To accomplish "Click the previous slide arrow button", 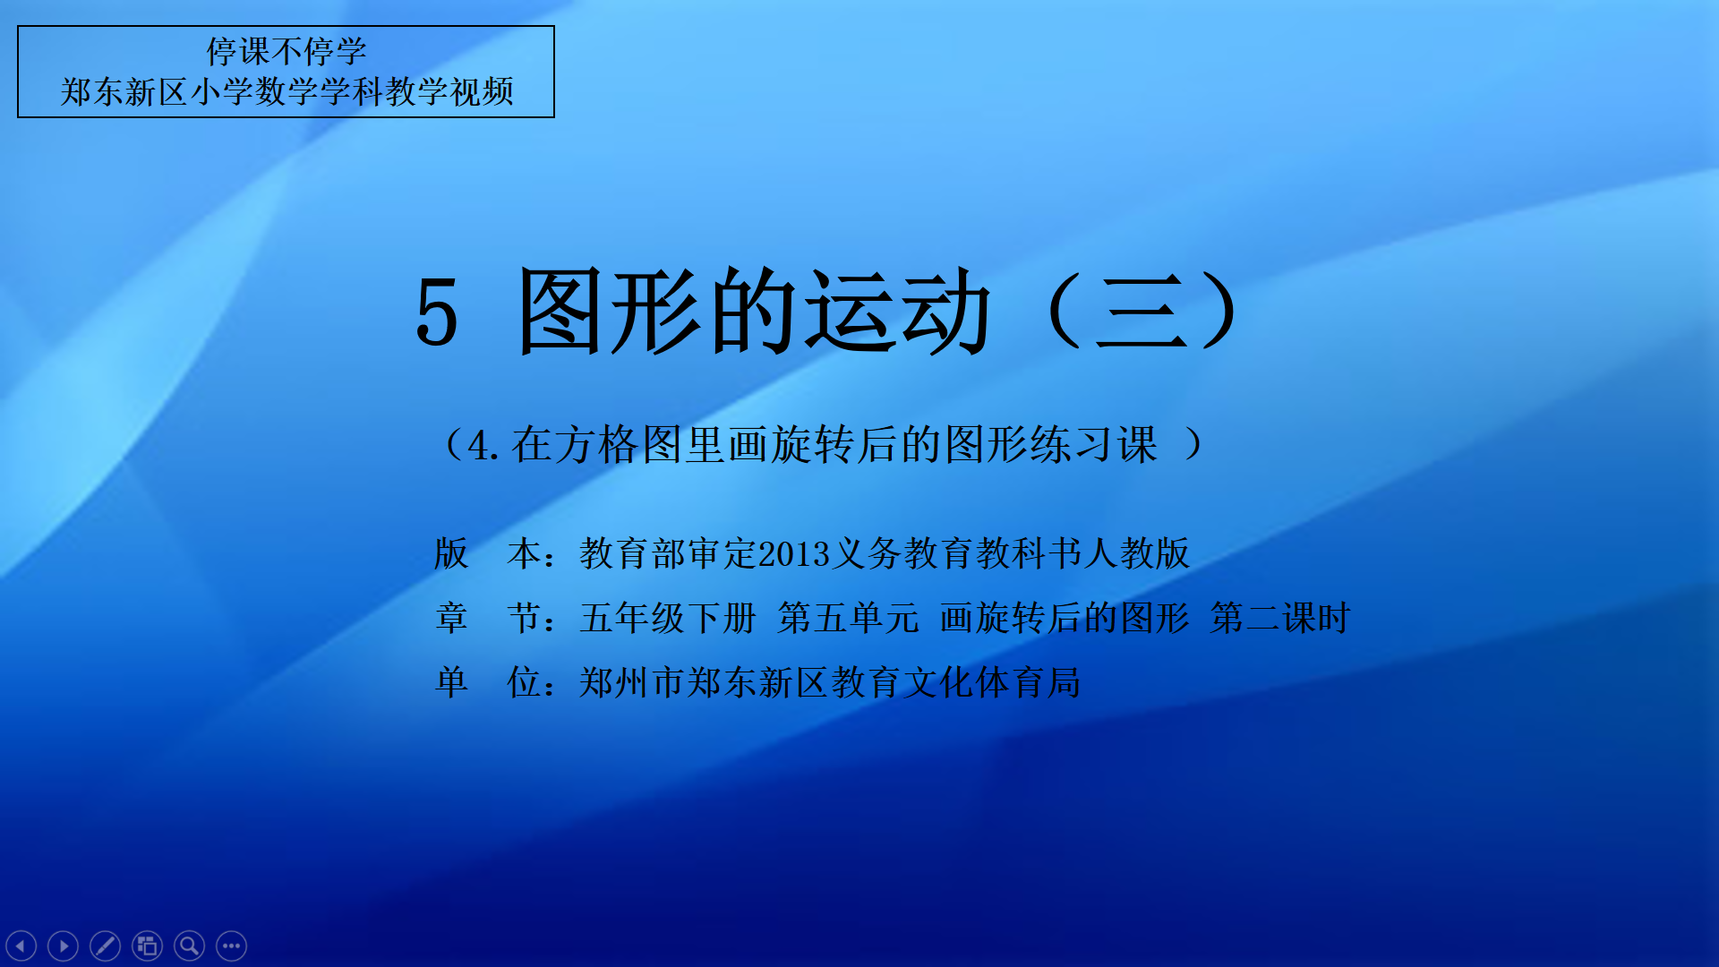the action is tap(21, 946).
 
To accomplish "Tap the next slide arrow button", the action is tap(63, 946).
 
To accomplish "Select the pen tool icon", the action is tap(105, 946).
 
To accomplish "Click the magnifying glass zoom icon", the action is tap(189, 946).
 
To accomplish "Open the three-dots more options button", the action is tap(231, 946).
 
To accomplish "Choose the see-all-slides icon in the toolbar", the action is tap(147, 946).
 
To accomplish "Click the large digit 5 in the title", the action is tap(437, 312).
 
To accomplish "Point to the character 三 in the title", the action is tap(1141, 312).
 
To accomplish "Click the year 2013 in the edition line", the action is tap(795, 554).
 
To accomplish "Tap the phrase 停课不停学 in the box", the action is tap(286, 52).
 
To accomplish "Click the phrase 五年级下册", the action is tap(668, 618).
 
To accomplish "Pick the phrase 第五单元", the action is tap(848, 618).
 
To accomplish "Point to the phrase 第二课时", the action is tap(1280, 618).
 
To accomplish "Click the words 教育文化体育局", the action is tap(955, 682).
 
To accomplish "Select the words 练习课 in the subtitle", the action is tap(1094, 445).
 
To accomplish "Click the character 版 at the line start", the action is tap(451, 553).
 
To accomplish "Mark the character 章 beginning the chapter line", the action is tap(451, 618).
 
